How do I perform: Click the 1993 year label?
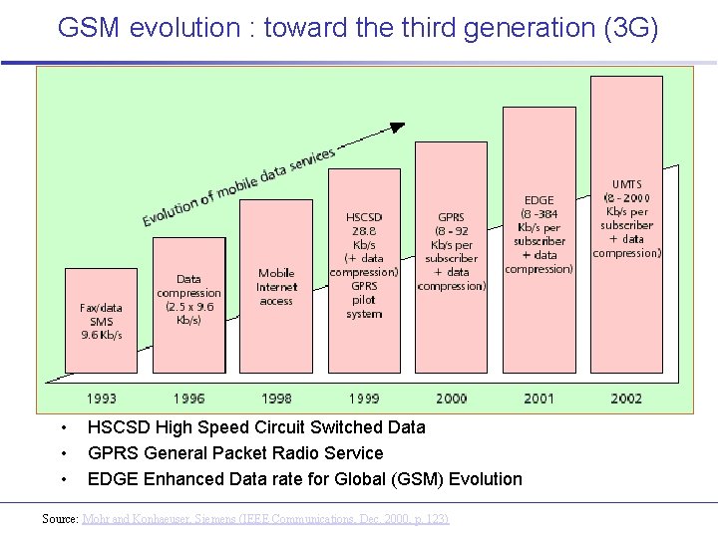101,399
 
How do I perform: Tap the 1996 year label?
188,399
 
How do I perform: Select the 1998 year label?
276,399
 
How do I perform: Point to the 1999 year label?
364,399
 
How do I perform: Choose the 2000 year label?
451,399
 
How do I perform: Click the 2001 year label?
538,399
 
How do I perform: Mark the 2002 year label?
626,399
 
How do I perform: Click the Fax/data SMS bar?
102,321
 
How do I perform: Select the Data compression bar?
188,304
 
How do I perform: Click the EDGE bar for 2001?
539,239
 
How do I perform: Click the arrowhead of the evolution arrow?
398,127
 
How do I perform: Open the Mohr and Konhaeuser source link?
265,519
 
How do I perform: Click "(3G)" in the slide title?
631,28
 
